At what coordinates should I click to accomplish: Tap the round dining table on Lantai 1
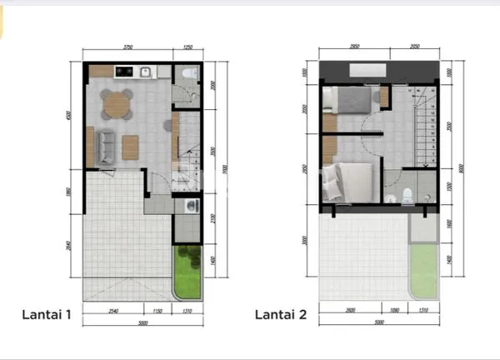tap(117, 105)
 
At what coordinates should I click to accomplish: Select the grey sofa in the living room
tap(106, 147)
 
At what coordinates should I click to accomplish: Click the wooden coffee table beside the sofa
tap(132, 147)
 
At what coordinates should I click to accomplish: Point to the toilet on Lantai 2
tap(406, 196)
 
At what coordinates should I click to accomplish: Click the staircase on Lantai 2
tap(427, 129)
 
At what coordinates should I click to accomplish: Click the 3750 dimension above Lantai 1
tap(127, 47)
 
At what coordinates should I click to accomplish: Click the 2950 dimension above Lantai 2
tap(353, 47)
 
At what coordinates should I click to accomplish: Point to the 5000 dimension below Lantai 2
tap(380, 321)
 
